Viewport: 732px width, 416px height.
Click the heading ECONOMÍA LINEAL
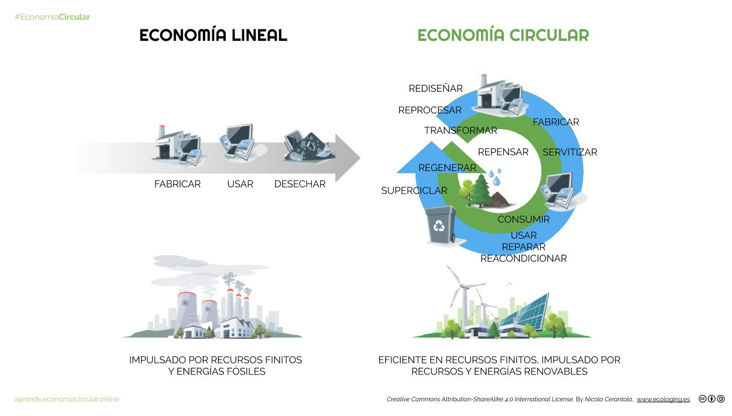click(x=213, y=35)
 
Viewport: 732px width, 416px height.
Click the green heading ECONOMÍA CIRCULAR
click(x=503, y=35)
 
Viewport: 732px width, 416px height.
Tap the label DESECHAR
click(x=300, y=184)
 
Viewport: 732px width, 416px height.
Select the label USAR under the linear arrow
click(x=240, y=184)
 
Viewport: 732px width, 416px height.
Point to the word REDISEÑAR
click(x=435, y=89)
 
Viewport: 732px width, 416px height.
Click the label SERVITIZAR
click(x=570, y=152)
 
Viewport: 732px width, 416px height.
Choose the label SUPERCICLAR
click(x=414, y=190)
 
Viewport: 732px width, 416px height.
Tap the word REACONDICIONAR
click(x=523, y=258)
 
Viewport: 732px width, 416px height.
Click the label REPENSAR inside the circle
click(x=503, y=152)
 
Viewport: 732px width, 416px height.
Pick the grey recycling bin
click(x=439, y=225)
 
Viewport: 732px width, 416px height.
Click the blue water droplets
click(x=495, y=176)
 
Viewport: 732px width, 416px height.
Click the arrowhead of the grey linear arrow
click(x=347, y=158)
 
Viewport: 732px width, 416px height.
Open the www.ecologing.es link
click(x=663, y=399)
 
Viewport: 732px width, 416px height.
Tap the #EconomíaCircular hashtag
click(x=52, y=17)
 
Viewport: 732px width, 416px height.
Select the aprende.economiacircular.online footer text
click(x=67, y=399)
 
